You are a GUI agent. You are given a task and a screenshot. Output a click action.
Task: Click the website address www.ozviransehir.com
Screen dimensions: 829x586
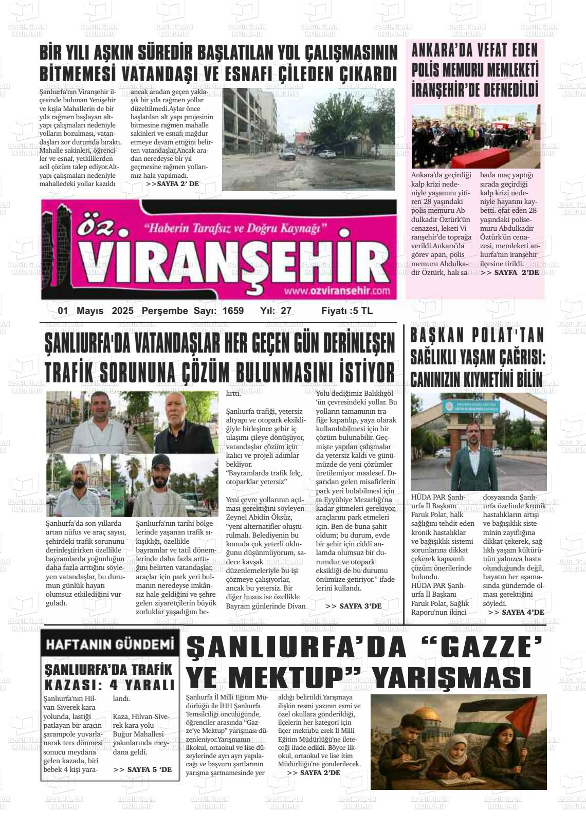(337, 291)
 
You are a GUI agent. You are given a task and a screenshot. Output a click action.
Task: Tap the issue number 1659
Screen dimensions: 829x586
(233, 311)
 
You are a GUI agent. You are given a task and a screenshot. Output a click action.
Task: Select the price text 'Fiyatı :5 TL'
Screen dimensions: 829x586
(346, 311)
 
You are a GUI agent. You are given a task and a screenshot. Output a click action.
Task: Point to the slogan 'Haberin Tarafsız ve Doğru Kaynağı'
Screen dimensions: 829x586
(235, 227)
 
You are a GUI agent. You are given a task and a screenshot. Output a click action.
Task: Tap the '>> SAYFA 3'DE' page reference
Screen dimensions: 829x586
(354, 606)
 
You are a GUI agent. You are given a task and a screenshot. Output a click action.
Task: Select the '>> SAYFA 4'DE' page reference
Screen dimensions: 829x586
(516, 612)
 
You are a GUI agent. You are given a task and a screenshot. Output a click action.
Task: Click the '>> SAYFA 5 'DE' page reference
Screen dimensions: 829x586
(142, 769)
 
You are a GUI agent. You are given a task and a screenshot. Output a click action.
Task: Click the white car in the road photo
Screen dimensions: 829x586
(286, 154)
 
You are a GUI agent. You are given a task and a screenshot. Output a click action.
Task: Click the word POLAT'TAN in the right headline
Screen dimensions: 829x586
(504, 336)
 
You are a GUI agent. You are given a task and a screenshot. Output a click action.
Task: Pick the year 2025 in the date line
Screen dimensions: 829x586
(122, 311)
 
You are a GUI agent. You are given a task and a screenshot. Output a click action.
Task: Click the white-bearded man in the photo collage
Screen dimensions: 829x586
(183, 421)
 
